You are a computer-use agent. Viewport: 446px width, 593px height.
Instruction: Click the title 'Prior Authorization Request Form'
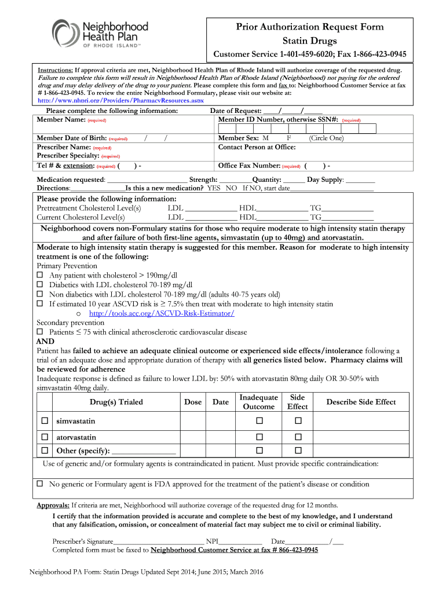point(309,27)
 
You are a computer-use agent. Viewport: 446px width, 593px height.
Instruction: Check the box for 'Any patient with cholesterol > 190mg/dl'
point(40,276)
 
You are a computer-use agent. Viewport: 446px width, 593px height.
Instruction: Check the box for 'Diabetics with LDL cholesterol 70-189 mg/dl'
point(40,285)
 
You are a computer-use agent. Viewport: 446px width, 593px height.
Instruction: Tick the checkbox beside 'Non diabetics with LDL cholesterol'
point(40,294)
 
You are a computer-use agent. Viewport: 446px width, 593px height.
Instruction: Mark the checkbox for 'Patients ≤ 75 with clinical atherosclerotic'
point(40,332)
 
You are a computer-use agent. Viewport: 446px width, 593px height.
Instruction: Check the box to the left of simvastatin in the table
point(44,421)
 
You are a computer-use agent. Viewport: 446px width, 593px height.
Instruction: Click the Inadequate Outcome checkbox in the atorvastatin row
point(259,437)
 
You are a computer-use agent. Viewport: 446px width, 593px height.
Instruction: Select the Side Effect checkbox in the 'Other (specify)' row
point(298,451)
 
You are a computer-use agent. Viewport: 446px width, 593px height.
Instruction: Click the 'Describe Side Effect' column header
point(361,402)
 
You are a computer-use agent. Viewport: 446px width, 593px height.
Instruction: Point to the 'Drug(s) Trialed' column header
point(116,402)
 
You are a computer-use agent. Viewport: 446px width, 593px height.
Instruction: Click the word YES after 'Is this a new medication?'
point(214,188)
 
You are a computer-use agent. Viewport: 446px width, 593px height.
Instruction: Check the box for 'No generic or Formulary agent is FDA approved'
point(40,484)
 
